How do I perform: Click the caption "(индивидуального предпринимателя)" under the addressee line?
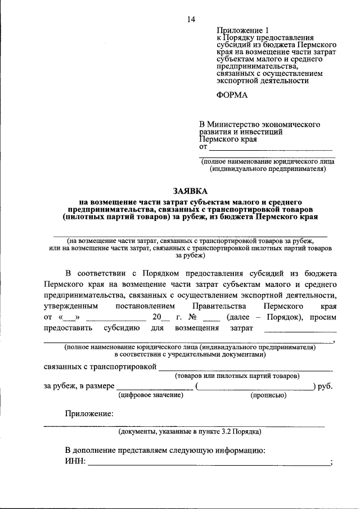(267, 168)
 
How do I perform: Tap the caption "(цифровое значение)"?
(151, 395)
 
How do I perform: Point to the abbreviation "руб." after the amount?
(325, 386)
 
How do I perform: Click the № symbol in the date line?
(199, 317)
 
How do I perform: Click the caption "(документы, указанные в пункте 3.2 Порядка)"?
(188, 432)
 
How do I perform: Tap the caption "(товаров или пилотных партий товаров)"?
(237, 375)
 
